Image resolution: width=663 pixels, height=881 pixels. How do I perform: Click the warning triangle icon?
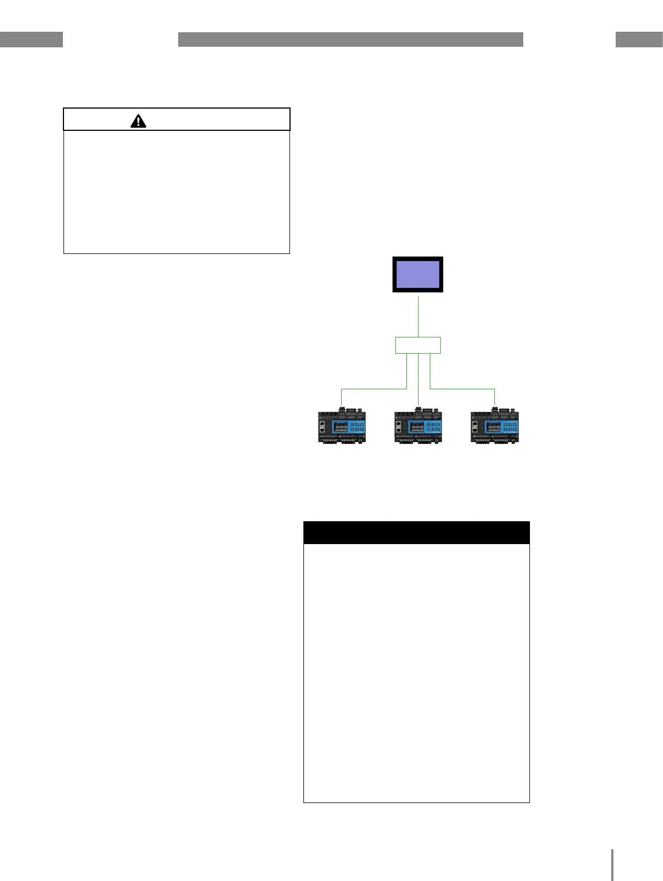pos(138,121)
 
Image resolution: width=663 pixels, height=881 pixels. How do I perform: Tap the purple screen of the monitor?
pos(418,274)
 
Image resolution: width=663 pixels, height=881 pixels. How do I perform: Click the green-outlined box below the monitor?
pos(418,345)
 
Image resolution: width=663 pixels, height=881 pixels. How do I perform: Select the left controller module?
pos(341,427)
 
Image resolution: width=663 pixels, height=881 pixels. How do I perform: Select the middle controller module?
pos(418,427)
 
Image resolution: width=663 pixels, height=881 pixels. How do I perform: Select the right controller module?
pos(494,427)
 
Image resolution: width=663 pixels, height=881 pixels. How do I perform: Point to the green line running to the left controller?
pos(373,389)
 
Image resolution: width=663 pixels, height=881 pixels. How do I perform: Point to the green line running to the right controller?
pos(462,389)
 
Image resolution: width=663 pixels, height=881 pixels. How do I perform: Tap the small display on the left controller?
pos(340,428)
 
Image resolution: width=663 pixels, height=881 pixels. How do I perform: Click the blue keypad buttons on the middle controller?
pos(433,428)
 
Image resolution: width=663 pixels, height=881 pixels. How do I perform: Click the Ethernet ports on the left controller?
pos(323,427)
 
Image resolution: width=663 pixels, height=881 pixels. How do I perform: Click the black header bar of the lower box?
pos(416,533)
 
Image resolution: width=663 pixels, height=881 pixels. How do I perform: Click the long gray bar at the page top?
pos(351,40)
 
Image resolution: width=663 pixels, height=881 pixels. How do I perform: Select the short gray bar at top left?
pos(31,40)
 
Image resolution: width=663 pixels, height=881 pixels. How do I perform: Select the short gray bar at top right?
pos(639,40)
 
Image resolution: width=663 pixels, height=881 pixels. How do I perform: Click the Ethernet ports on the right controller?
pos(475,427)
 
